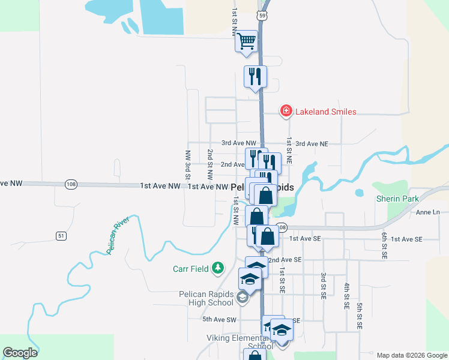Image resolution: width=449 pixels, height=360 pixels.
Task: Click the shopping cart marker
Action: tap(246, 42)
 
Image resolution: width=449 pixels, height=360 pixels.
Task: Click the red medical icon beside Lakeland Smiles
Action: tap(286, 111)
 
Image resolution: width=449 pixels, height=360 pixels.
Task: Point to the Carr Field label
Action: tap(189, 268)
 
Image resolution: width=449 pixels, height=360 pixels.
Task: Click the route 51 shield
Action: tap(61, 236)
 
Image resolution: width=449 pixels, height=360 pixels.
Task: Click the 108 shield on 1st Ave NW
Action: tap(71, 184)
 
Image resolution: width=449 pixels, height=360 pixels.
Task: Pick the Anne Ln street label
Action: tap(427, 212)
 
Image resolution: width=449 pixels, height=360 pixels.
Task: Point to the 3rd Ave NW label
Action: tap(239, 143)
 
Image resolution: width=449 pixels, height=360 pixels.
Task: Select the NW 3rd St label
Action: tap(188, 165)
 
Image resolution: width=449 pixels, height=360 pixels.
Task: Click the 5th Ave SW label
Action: tap(220, 319)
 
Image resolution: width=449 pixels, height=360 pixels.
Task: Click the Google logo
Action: tap(20, 353)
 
